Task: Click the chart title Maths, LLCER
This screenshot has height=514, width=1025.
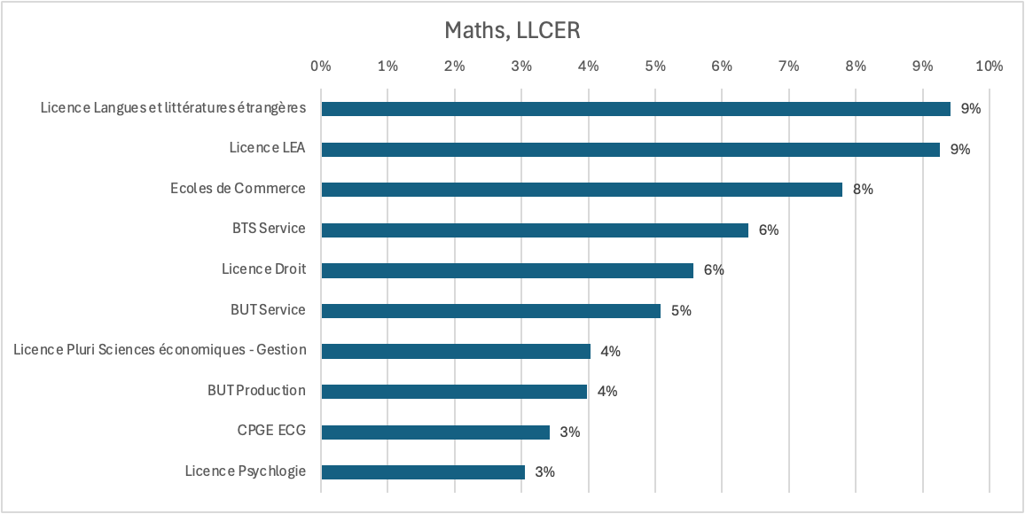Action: [512, 31]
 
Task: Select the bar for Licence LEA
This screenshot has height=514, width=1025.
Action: [630, 149]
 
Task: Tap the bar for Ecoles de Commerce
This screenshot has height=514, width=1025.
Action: [582, 190]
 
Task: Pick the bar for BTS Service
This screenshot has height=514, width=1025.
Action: [535, 230]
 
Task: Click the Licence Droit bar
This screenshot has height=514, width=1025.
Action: [507, 270]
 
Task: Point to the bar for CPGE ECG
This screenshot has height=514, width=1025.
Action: [435, 432]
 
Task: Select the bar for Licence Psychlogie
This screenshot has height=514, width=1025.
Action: [423, 472]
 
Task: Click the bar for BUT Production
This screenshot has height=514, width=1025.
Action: [454, 392]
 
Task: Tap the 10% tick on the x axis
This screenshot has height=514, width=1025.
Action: [989, 66]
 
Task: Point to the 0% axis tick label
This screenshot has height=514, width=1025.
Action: [320, 66]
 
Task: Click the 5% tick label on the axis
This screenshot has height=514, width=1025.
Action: [654, 66]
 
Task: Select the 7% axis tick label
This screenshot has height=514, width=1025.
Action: [788, 66]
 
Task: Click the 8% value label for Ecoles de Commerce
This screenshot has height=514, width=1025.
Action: [863, 190]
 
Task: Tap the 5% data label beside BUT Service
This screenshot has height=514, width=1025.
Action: [681, 311]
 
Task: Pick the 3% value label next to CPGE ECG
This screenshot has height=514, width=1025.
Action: [570, 432]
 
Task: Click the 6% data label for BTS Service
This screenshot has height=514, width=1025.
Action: [769, 230]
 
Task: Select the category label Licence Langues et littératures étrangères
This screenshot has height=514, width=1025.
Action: [174, 108]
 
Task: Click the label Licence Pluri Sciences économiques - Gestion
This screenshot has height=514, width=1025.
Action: [160, 350]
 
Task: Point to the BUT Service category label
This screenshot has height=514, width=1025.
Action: [268, 310]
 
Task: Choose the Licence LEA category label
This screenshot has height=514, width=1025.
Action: [267, 148]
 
